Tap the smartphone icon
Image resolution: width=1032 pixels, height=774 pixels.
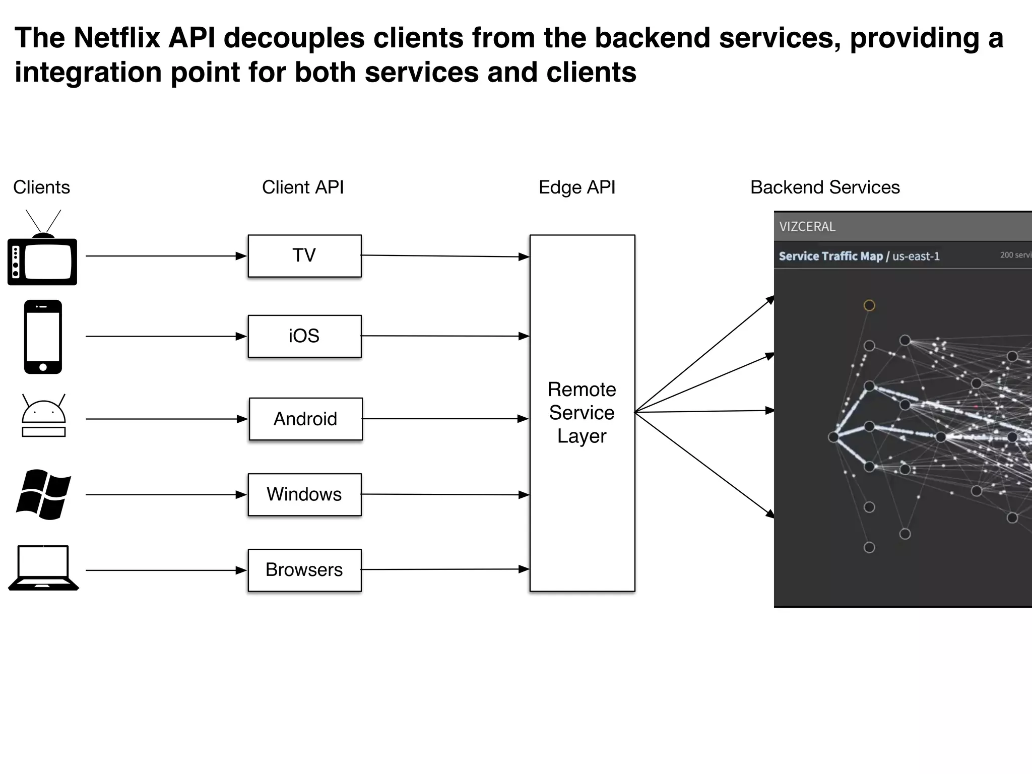tap(43, 337)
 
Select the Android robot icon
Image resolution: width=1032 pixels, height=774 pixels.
tap(43, 416)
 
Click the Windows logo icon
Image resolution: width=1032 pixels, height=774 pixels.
tap(43, 494)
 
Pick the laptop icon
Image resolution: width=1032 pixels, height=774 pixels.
tap(43, 568)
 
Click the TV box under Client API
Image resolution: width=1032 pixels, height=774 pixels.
tap(304, 256)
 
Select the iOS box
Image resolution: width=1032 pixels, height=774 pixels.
tap(304, 336)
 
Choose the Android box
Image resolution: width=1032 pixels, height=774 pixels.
tap(305, 419)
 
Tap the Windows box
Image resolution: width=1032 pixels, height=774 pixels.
tap(304, 494)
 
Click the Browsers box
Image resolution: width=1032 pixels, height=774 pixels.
tap(304, 570)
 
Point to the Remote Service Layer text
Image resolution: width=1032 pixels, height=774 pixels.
tap(582, 413)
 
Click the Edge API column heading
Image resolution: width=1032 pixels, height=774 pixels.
tap(577, 187)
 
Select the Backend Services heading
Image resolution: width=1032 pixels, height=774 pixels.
tap(825, 187)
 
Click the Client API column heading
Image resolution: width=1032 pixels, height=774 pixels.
tap(303, 187)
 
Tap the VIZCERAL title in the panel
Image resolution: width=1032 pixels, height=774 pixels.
tap(807, 227)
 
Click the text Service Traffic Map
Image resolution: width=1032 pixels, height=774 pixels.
tap(830, 256)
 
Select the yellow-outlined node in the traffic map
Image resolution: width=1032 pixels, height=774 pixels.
tap(869, 305)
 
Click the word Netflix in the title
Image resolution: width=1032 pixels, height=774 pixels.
tap(117, 38)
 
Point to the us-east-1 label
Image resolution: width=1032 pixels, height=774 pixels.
tap(916, 256)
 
